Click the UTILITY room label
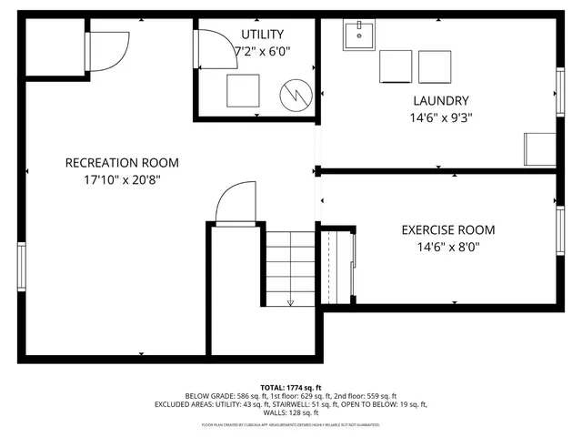pyautogui.click(x=255, y=35)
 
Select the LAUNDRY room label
pyautogui.click(x=440, y=101)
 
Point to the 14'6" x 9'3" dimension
pyautogui.click(x=440, y=117)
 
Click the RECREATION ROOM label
pyautogui.click(x=122, y=163)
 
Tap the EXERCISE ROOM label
pyautogui.click(x=448, y=229)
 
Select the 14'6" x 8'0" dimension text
pyautogui.click(x=448, y=246)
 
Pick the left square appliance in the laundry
pyautogui.click(x=396, y=66)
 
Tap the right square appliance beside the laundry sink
pyautogui.click(x=435, y=66)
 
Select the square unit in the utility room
pyautogui.click(x=244, y=90)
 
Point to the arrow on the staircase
pyautogui.click(x=290, y=300)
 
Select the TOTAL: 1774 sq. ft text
pyautogui.click(x=291, y=387)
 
